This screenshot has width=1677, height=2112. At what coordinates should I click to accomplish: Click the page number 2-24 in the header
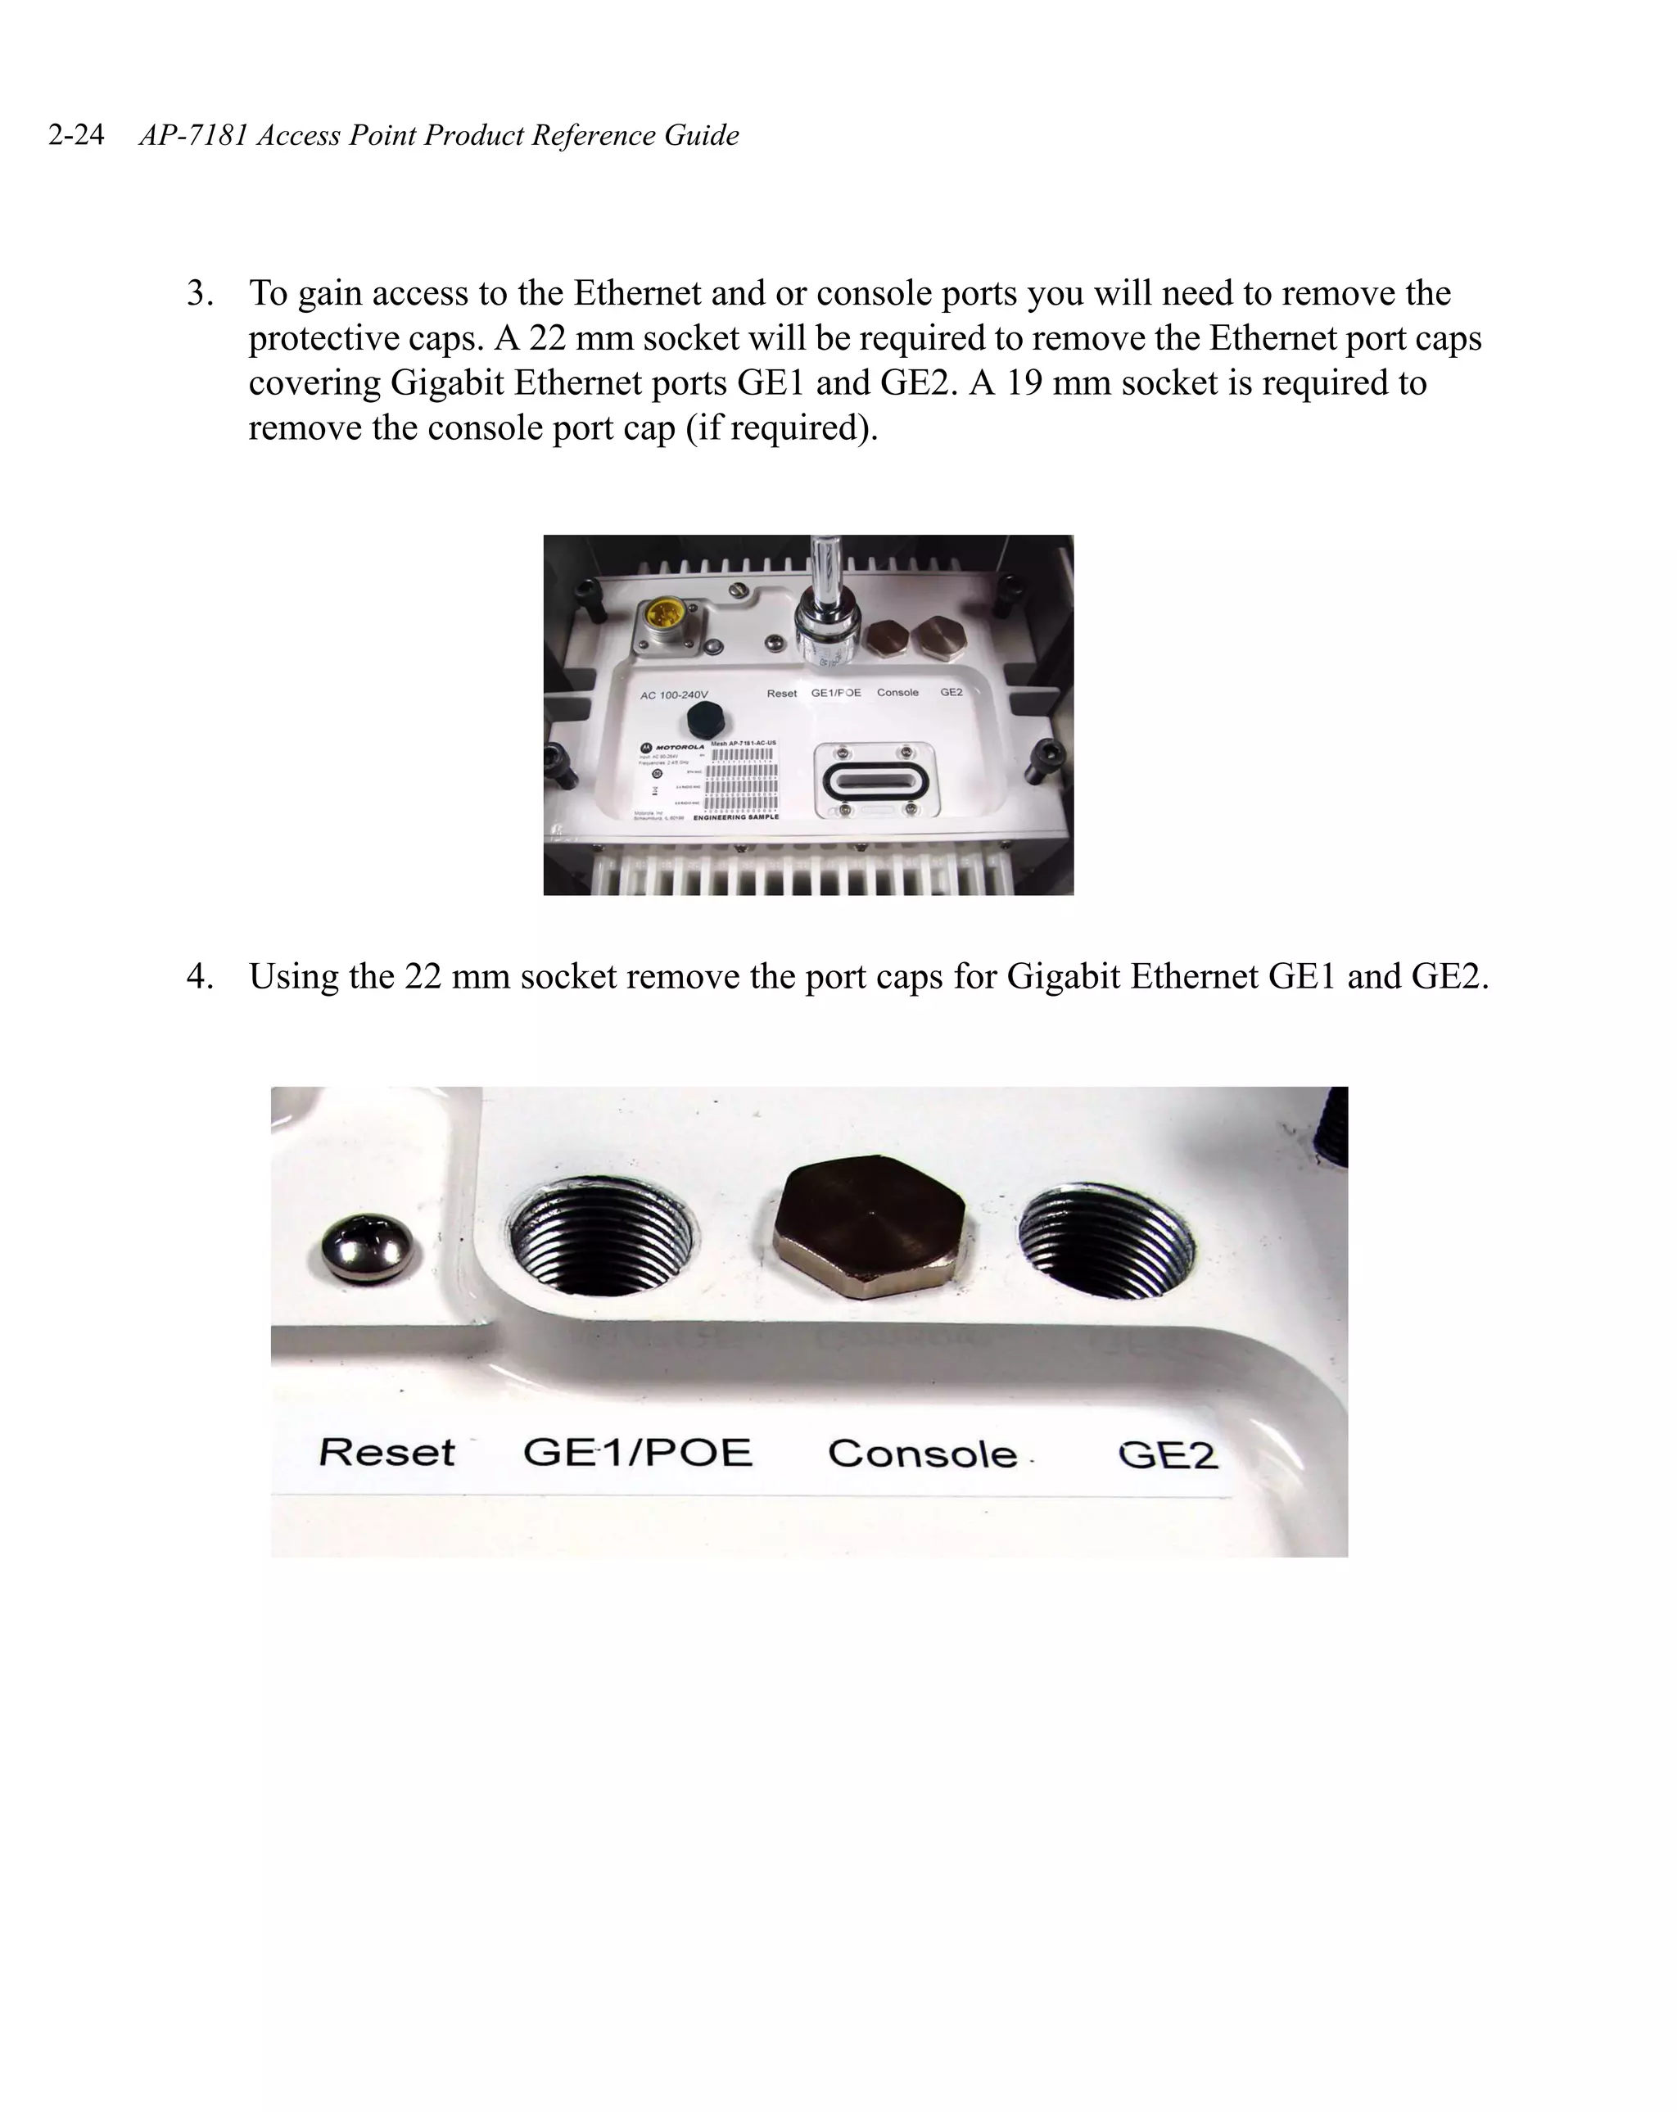75,135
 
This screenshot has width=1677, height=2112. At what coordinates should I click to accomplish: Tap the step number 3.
199,293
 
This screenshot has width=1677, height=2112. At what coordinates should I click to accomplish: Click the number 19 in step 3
1023,382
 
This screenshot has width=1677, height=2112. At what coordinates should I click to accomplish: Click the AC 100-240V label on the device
673,694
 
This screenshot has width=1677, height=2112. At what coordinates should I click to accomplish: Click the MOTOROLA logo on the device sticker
672,748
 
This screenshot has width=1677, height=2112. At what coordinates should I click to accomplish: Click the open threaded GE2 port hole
1107,1239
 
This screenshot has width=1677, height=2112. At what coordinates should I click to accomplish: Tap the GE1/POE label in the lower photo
637,1452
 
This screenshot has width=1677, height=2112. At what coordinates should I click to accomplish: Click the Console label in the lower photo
922,1454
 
